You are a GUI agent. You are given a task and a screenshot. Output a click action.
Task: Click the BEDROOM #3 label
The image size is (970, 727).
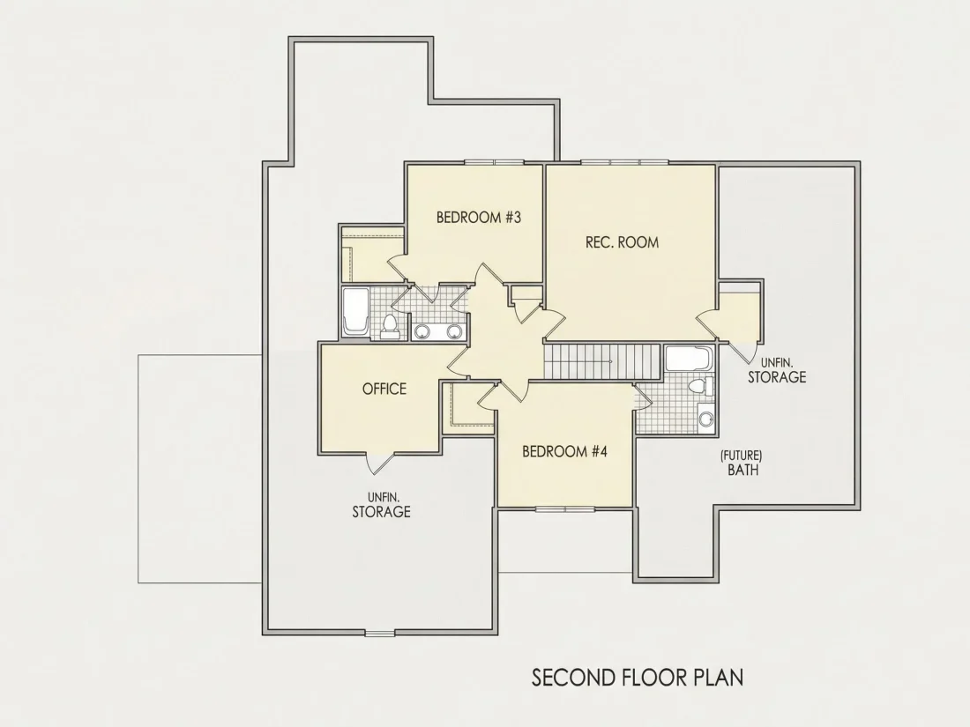coord(479,217)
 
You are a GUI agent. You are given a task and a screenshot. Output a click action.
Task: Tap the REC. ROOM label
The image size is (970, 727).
coord(622,241)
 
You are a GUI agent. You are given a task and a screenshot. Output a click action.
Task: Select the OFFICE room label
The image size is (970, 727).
coord(384,389)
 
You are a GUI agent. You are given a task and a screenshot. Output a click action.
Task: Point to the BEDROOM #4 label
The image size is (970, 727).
coord(564,451)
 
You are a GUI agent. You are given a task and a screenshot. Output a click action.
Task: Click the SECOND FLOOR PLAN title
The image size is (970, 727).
coord(638,678)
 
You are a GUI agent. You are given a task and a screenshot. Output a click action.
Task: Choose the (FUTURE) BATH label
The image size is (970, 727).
coord(741,463)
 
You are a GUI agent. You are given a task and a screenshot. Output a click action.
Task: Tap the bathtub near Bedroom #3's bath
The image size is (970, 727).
coord(356,312)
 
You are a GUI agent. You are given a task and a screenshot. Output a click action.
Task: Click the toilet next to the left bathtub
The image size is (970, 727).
coord(390,327)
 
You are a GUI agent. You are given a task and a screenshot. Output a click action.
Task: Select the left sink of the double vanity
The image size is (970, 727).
coord(422,331)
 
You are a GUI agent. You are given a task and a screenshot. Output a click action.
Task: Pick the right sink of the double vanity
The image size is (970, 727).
coord(455,331)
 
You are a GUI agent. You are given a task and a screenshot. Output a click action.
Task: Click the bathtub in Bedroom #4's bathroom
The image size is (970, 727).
coord(690,359)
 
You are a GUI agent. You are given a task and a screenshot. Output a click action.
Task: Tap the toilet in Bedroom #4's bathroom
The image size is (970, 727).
coord(701,386)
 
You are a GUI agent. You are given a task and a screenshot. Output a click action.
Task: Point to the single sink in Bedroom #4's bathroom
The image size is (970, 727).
coord(705,419)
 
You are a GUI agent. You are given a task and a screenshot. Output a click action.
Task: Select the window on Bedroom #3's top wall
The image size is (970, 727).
coord(495,163)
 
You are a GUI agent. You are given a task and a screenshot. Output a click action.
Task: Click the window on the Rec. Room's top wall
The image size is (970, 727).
coord(624,163)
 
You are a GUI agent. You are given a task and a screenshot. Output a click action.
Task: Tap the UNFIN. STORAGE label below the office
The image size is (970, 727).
coord(381,505)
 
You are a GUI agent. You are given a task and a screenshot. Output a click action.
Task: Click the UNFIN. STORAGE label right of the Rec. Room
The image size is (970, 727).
coord(777,370)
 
